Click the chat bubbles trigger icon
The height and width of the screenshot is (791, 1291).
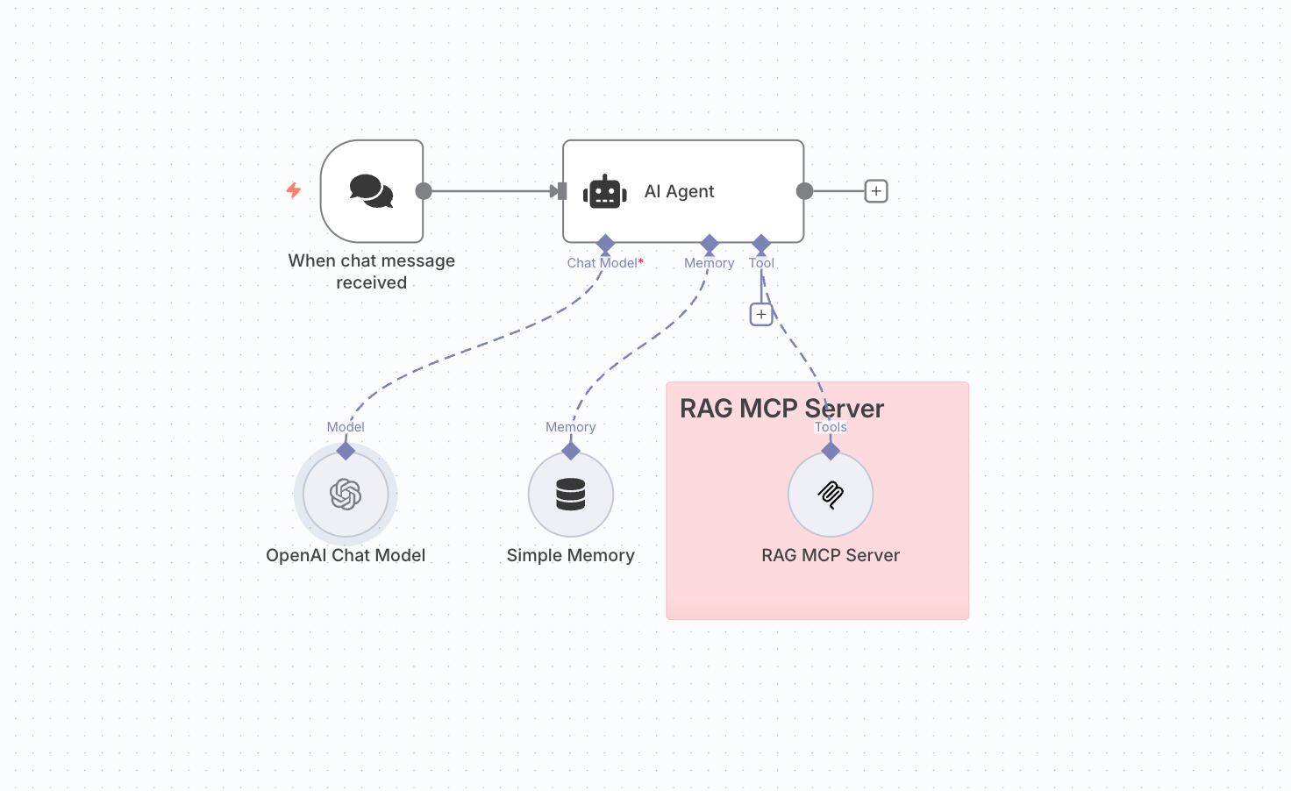tap(371, 191)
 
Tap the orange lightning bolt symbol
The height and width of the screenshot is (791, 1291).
tap(294, 190)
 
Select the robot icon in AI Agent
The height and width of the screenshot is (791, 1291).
tap(605, 192)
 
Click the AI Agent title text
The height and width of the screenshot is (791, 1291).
tap(679, 191)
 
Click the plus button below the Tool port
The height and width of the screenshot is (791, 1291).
tap(761, 314)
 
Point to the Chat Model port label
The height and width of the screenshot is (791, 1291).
tap(603, 263)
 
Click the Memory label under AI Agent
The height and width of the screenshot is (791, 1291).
tap(709, 263)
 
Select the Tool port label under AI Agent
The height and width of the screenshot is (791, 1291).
tap(761, 263)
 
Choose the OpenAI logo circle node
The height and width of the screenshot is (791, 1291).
tap(346, 495)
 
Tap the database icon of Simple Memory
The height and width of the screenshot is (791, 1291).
tap(570, 495)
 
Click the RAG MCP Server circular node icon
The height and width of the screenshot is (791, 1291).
tap(831, 495)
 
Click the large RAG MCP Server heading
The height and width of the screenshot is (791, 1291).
tap(781, 409)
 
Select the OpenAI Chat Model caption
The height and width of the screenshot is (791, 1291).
tap(346, 555)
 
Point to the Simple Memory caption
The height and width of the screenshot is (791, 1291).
tap(570, 555)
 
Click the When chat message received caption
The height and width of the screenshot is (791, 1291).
tap(372, 271)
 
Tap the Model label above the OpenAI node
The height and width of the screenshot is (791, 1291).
tap(346, 427)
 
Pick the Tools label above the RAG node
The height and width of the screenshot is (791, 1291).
tap(831, 427)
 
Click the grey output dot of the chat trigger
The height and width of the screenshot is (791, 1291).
tap(424, 191)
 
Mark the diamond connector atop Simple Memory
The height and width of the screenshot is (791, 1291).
tap(571, 451)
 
